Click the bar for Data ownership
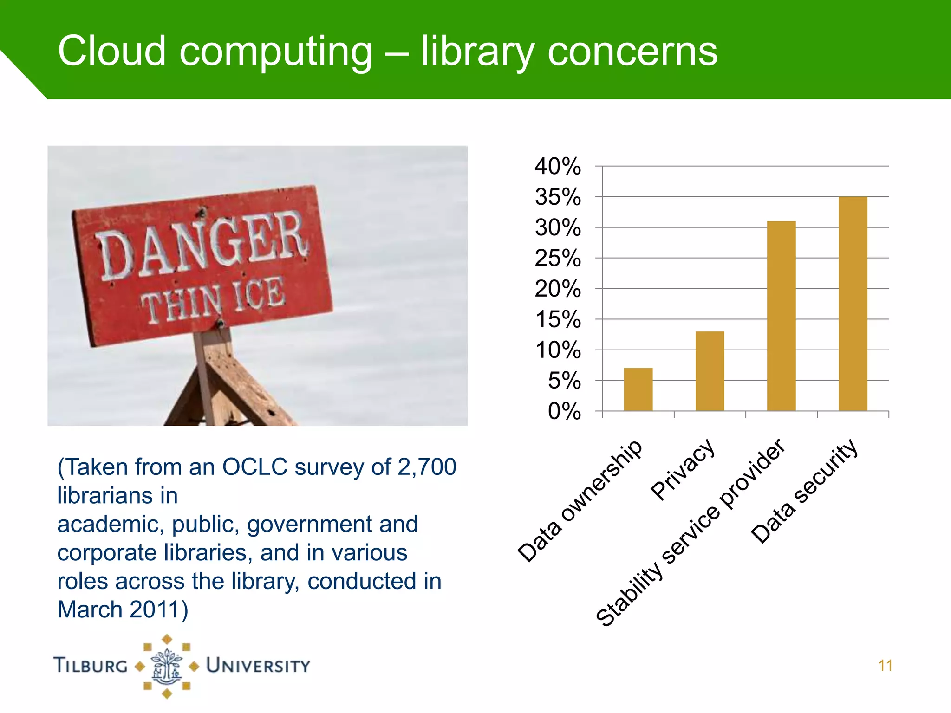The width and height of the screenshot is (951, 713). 638,389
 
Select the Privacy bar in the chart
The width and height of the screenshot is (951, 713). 710,371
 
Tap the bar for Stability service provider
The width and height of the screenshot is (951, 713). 781,316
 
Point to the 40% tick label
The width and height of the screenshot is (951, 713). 557,166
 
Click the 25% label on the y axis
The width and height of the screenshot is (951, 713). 557,258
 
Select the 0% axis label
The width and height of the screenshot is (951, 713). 564,411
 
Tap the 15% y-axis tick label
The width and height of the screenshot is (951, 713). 557,319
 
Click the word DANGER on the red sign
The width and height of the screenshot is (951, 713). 202,246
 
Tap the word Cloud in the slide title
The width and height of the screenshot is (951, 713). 112,51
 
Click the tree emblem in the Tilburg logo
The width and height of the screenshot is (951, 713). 167,667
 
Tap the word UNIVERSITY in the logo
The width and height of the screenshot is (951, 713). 258,666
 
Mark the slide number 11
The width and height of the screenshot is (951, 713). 885,666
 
